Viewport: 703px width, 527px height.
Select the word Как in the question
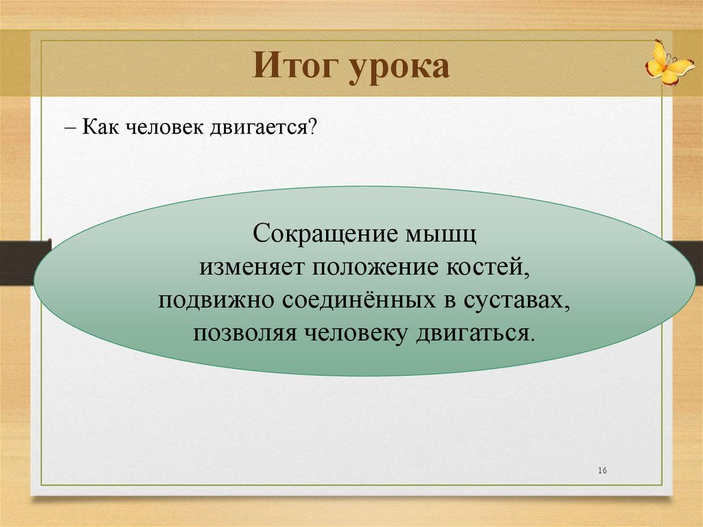pyautogui.click(x=100, y=127)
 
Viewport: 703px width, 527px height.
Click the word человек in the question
pyautogui.click(x=165, y=128)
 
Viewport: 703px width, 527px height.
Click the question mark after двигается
pyautogui.click(x=312, y=127)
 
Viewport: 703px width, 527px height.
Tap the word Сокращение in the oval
pyautogui.click(x=325, y=234)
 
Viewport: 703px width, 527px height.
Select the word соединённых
pyautogui.click(x=359, y=300)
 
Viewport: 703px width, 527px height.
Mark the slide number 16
pyautogui.click(x=603, y=471)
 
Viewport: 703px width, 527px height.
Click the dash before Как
pyautogui.click(x=70, y=128)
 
